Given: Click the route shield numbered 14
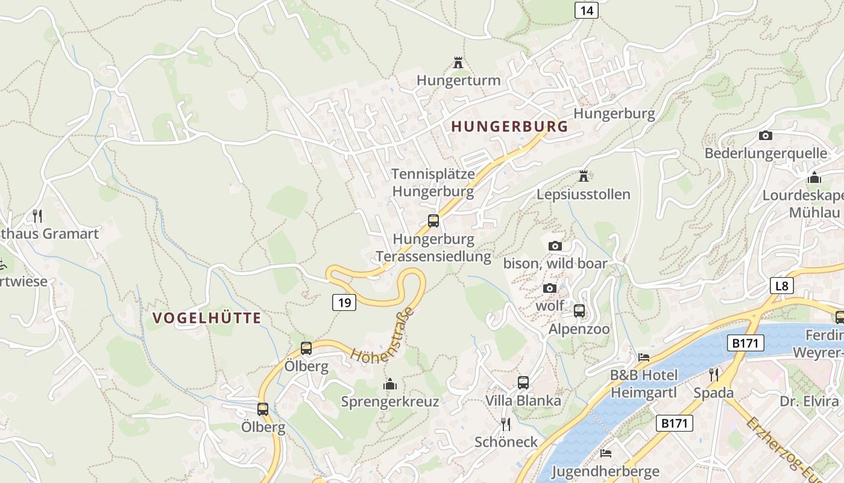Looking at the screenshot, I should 586,10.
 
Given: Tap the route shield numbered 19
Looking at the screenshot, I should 344,302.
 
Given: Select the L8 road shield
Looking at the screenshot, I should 781,286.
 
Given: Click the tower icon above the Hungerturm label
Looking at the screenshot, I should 458,63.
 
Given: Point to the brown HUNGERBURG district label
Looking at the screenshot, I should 509,127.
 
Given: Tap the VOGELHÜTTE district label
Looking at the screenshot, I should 207,318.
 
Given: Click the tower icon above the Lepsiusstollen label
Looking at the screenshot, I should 583,176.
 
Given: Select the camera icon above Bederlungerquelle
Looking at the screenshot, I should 766,135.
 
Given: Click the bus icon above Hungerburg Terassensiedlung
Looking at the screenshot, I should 433,221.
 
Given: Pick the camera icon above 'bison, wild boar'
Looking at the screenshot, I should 555,246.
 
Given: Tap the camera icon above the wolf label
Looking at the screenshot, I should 549,289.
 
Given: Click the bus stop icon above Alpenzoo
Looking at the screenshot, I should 579,311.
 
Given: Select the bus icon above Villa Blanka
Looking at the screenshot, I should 523,382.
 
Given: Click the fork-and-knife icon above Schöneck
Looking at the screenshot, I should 506,424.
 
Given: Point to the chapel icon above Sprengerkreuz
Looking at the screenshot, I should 390,384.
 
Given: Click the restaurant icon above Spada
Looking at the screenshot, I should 714,375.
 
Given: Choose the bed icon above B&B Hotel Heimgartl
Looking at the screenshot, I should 644,357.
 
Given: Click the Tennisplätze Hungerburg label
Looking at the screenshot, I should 433,183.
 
